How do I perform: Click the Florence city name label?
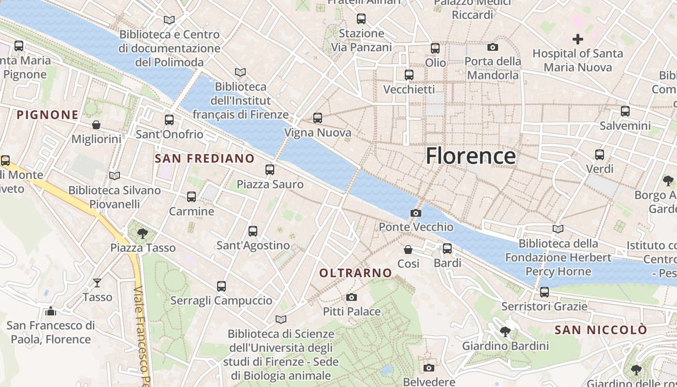click(471, 156)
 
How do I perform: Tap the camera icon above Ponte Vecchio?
click(415, 213)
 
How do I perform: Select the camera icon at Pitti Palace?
click(352, 297)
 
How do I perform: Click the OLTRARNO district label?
click(355, 273)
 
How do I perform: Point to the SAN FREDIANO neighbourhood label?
click(205, 158)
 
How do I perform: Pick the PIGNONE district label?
click(47, 115)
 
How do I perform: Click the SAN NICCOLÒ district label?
click(601, 330)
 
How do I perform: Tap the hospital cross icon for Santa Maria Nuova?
click(577, 39)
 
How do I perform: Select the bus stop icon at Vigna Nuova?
click(318, 118)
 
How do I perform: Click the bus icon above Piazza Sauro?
click(270, 170)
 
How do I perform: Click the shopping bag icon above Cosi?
click(408, 250)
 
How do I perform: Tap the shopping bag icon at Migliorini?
click(96, 125)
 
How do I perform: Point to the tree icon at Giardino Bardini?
click(505, 332)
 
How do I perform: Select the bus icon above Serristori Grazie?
click(545, 292)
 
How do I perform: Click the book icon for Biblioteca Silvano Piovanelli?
click(114, 176)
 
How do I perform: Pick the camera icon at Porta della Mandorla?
click(493, 47)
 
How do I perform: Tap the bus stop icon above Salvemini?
click(625, 111)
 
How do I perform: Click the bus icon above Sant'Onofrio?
click(169, 120)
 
